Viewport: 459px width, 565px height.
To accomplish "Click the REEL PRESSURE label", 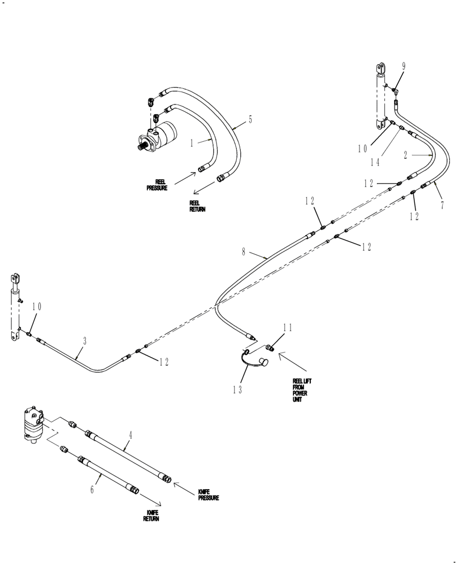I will pyautogui.click(x=157, y=185).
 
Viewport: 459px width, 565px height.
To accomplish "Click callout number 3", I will pyautogui.click(x=85, y=341).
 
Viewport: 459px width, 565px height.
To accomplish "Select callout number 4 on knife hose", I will pyautogui.click(x=131, y=435).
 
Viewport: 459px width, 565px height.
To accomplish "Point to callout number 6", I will pyautogui.click(x=93, y=490).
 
